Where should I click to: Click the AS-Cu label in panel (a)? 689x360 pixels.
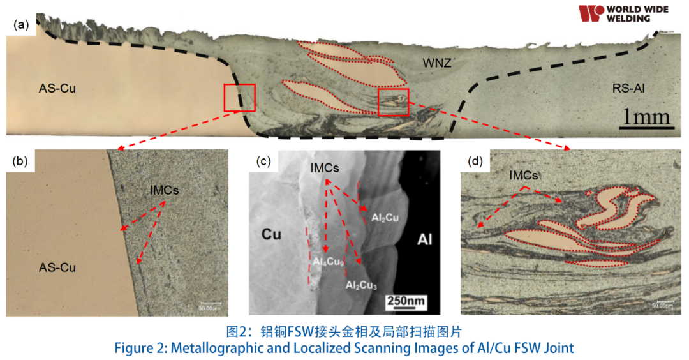pyautogui.click(x=57, y=89)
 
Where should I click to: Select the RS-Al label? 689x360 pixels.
pyautogui.click(x=628, y=89)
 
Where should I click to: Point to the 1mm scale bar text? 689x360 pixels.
pyautogui.click(x=646, y=117)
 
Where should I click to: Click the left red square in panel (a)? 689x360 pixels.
pyautogui.click(x=239, y=98)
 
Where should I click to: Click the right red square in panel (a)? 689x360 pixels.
pyautogui.click(x=393, y=102)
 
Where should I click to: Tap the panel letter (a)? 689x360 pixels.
pyautogui.click(x=22, y=25)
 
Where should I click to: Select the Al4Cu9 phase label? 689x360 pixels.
pyautogui.click(x=328, y=262)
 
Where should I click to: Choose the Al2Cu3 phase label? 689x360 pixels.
pyautogui.click(x=361, y=285)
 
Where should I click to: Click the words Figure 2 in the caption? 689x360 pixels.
pyautogui.click(x=140, y=349)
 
